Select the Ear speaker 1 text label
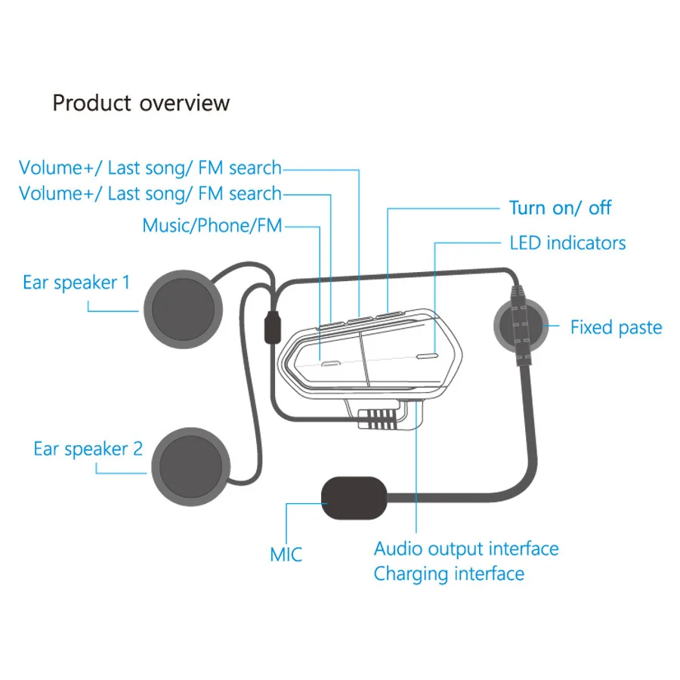(x=76, y=283)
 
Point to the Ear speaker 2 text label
(x=88, y=449)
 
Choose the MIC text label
(x=286, y=555)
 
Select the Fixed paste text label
(x=616, y=328)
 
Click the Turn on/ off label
(x=560, y=208)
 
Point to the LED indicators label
(x=567, y=243)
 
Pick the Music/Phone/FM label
(x=212, y=225)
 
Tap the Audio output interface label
(x=466, y=549)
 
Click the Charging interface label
(x=449, y=573)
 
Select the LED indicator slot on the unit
(x=427, y=354)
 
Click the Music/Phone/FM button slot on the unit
(x=327, y=363)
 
